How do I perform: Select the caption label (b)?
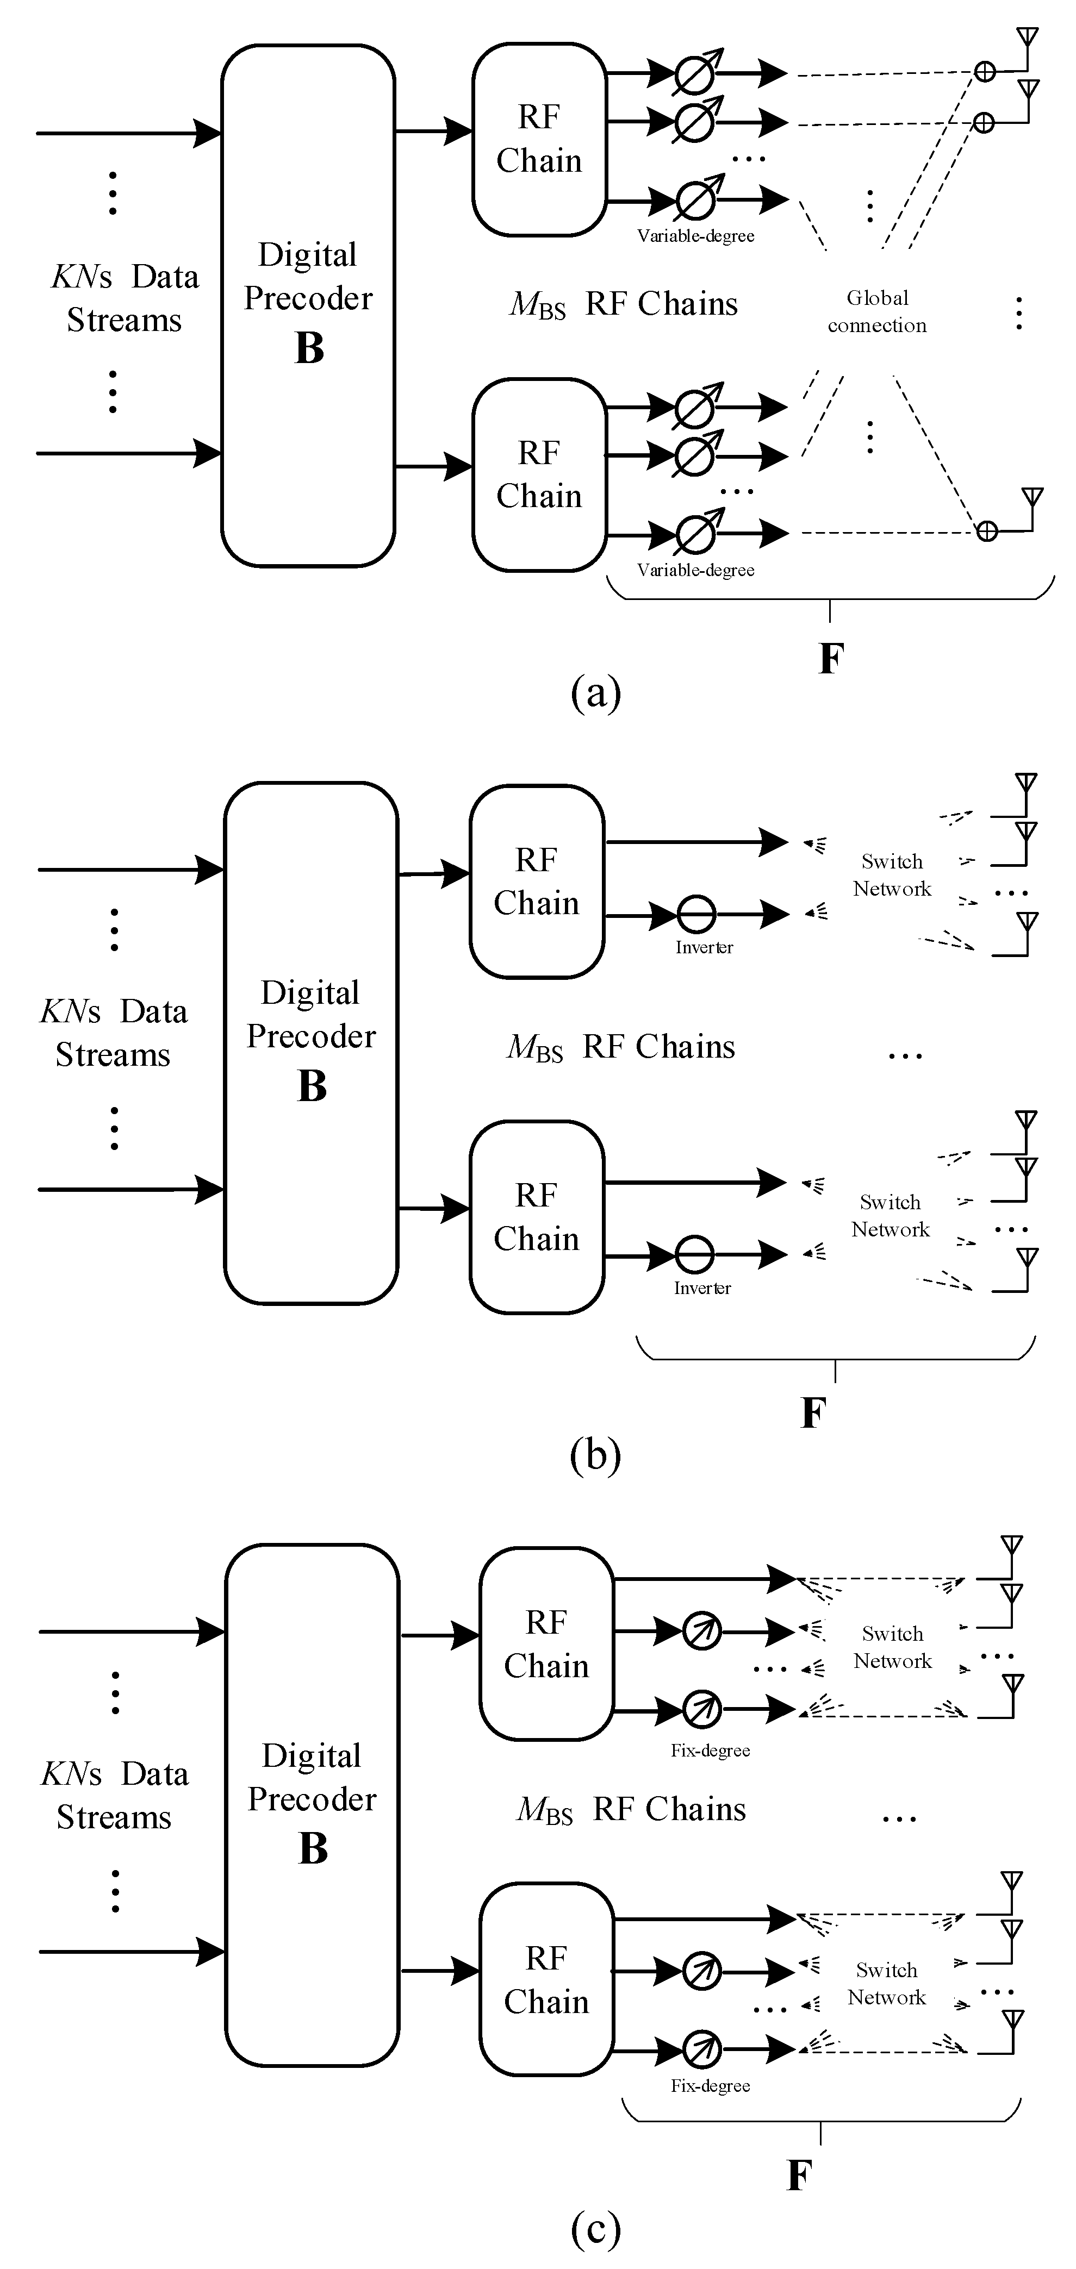(x=596, y=1454)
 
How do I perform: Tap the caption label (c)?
(x=596, y=2228)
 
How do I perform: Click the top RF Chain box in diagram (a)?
(x=539, y=139)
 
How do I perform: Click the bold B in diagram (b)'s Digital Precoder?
(x=312, y=1086)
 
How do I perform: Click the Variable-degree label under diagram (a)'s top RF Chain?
(x=695, y=236)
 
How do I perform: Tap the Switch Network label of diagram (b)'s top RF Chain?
(x=892, y=874)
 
